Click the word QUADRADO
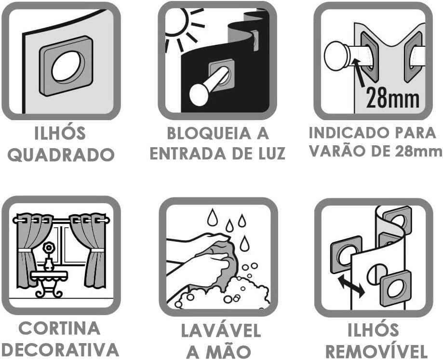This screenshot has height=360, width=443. pyautogui.click(x=61, y=155)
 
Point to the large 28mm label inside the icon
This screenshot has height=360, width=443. pyautogui.click(x=393, y=98)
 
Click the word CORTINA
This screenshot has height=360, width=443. pyautogui.click(x=59, y=329)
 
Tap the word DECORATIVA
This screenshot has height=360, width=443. pyautogui.click(x=61, y=349)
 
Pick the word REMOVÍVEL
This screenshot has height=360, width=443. pyautogui.click(x=376, y=351)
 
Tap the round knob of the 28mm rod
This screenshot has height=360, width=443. pyautogui.click(x=337, y=55)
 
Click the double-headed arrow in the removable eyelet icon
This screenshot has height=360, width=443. pyautogui.click(x=350, y=287)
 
